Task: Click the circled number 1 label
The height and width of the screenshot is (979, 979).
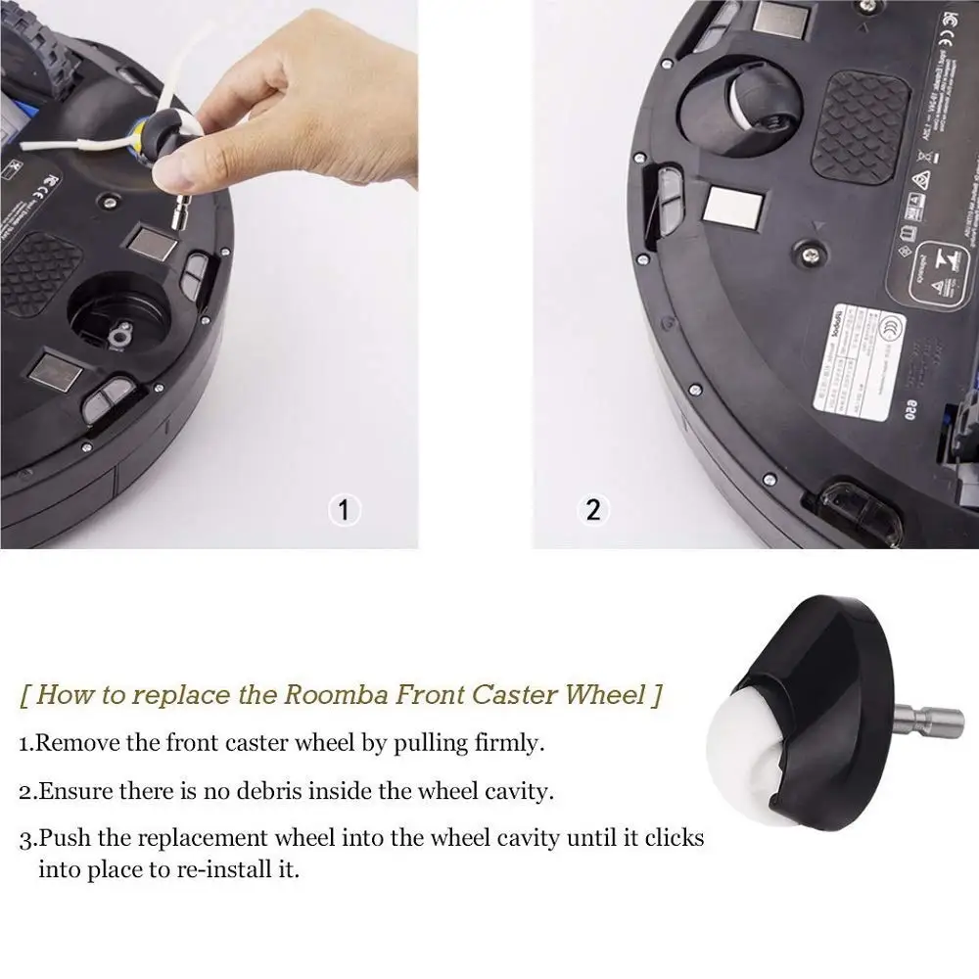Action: [x=342, y=510]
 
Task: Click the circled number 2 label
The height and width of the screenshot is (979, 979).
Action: [x=593, y=510]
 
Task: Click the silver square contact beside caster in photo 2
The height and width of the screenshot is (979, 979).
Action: [x=732, y=209]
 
